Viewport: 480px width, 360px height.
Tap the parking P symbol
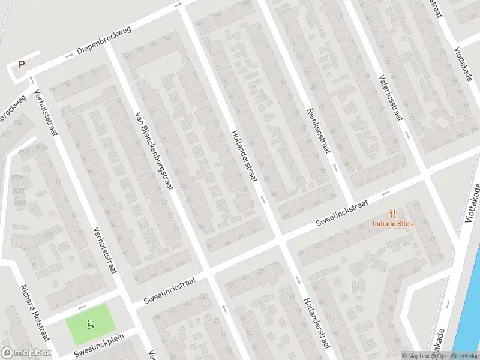click(x=22, y=65)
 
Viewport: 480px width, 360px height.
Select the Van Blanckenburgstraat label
click(x=153, y=150)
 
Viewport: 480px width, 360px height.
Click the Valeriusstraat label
click(x=391, y=97)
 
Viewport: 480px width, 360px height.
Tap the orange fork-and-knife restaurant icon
click(x=394, y=214)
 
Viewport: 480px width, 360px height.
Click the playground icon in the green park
click(x=91, y=325)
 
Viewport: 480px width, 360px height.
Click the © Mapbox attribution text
click(x=415, y=355)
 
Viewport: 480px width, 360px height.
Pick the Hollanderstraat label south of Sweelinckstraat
click(x=317, y=323)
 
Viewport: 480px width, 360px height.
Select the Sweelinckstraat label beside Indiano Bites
click(x=343, y=213)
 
